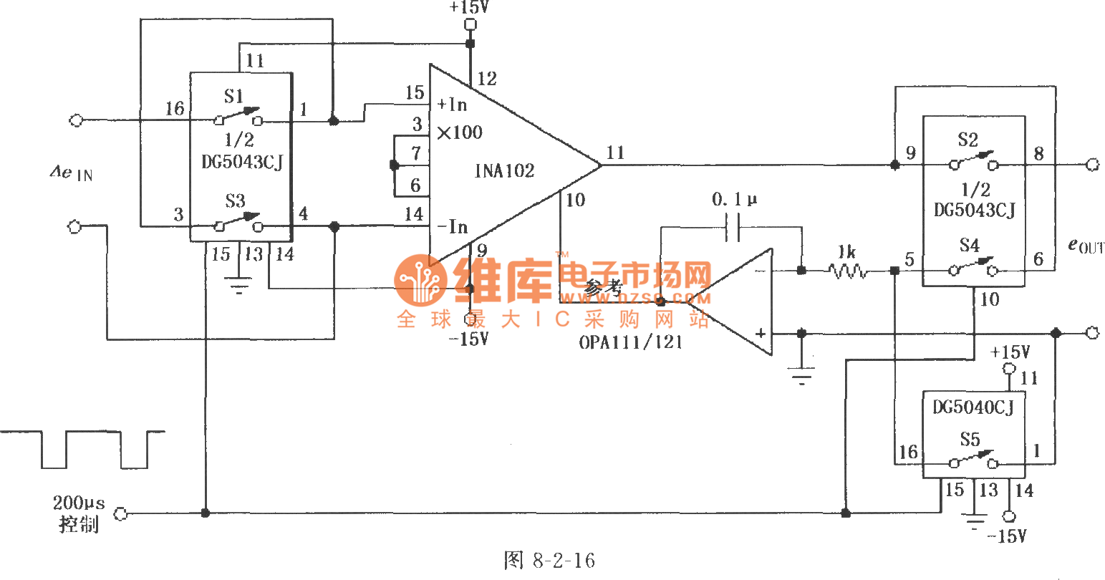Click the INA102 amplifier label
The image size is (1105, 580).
point(504,171)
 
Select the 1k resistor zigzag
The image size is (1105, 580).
point(848,271)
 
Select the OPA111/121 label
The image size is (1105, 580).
point(631,342)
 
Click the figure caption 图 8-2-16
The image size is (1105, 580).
point(549,560)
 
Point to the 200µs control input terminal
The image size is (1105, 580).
point(121,513)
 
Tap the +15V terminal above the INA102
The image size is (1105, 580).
point(471,25)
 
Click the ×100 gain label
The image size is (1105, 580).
point(460,132)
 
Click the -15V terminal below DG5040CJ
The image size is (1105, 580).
point(1009,516)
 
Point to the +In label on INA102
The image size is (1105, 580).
point(453,105)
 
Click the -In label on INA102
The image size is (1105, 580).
point(453,227)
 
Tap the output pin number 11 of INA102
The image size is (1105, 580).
point(615,153)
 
